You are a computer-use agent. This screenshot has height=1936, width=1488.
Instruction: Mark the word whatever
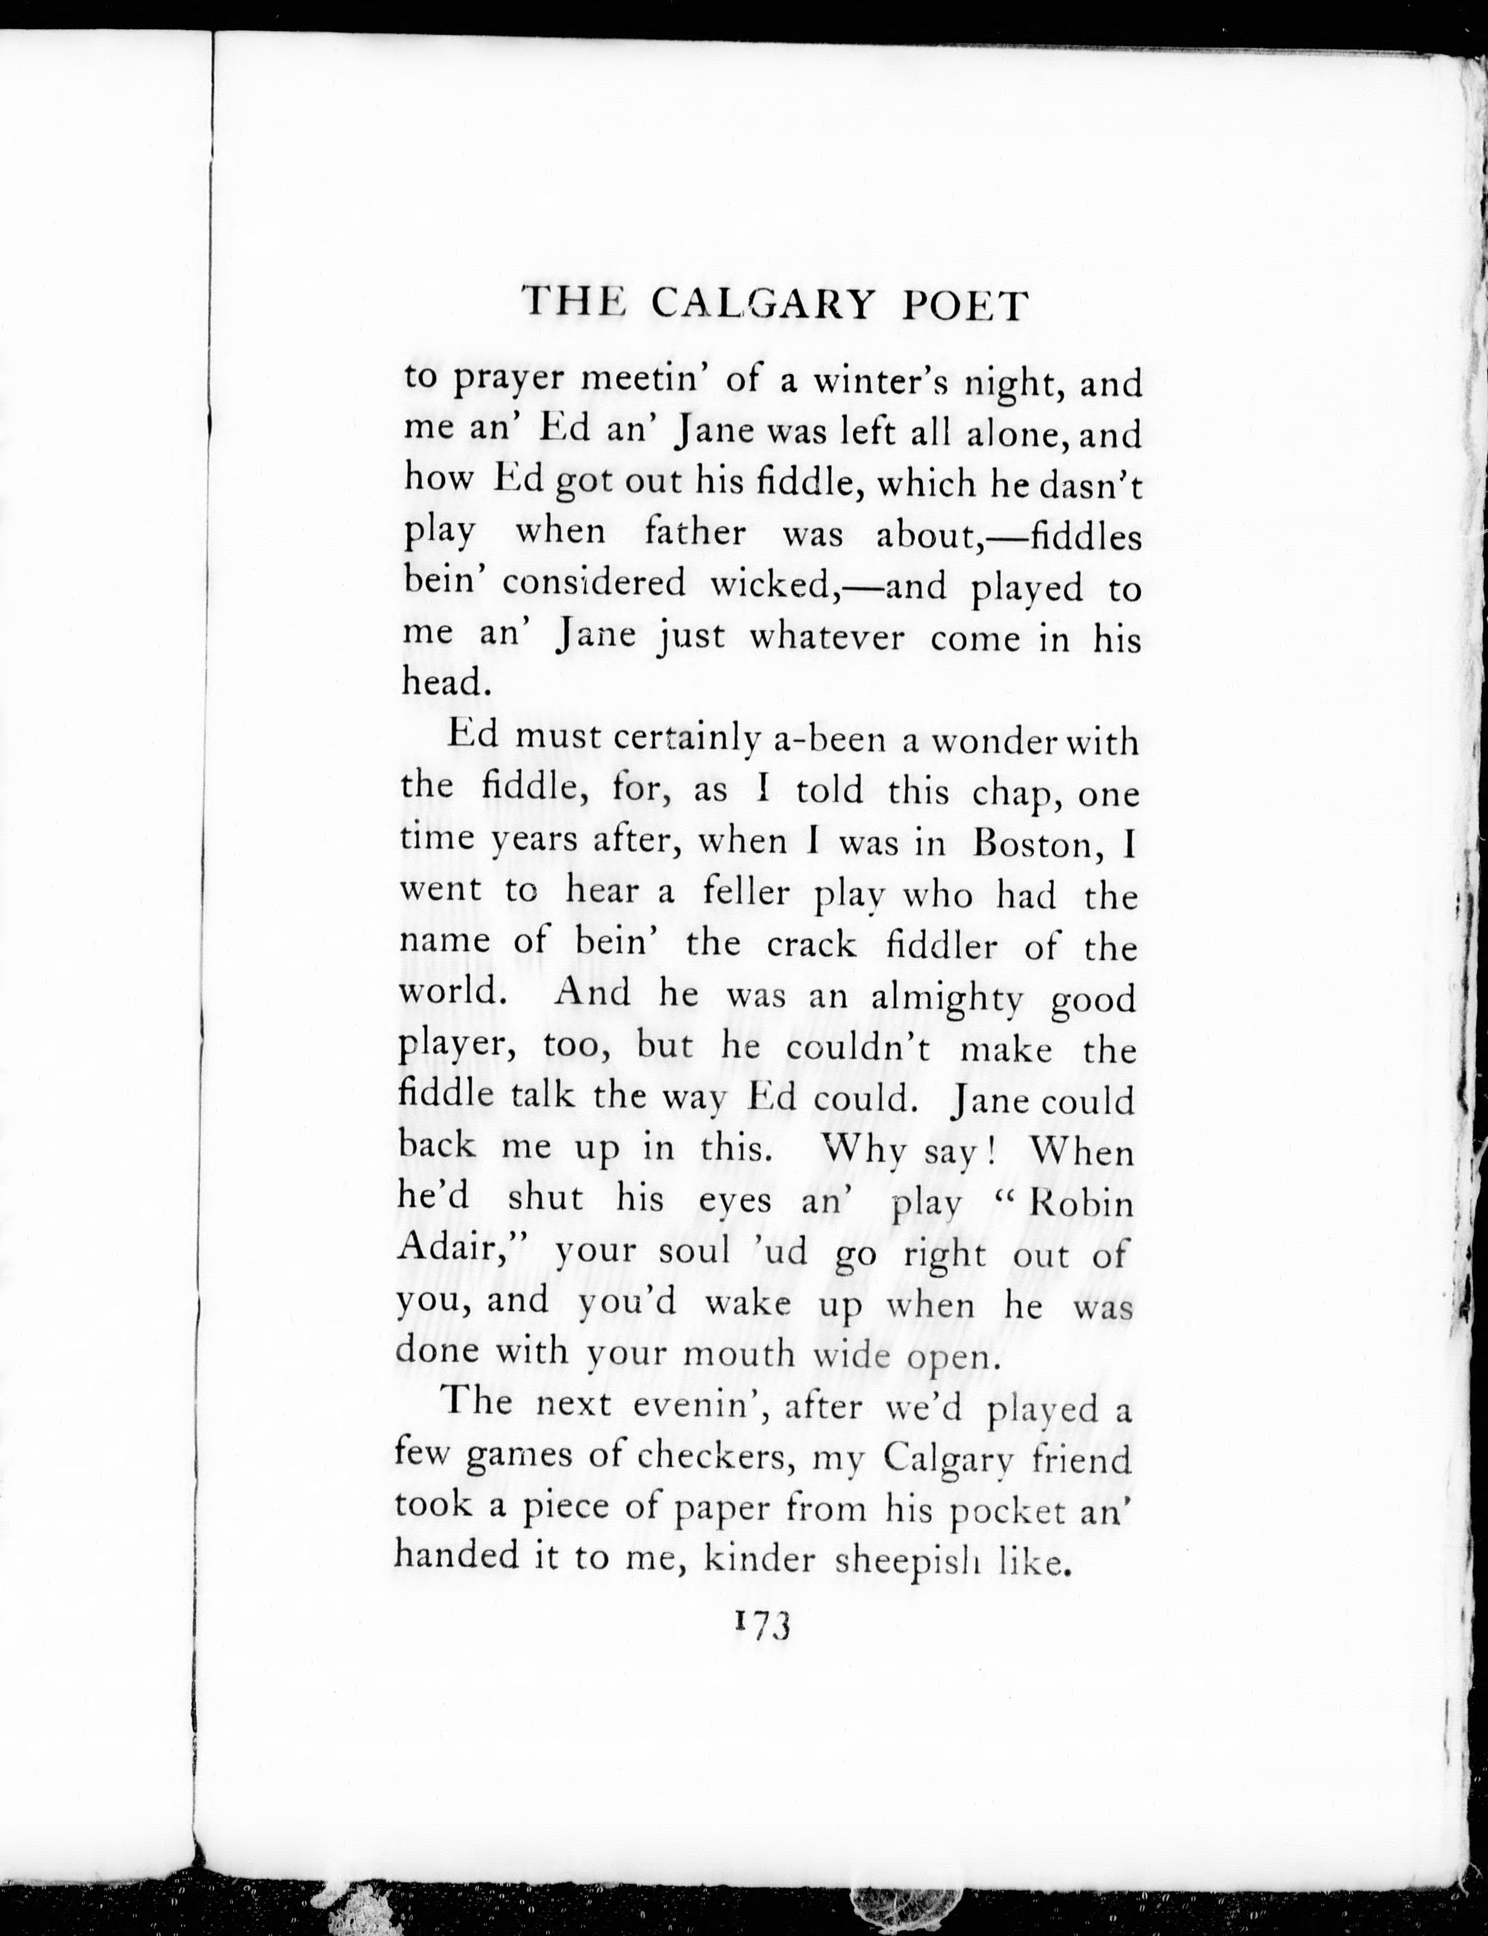(826, 637)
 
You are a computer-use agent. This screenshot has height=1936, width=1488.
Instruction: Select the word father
(695, 534)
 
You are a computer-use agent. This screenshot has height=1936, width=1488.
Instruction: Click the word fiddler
(942, 948)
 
